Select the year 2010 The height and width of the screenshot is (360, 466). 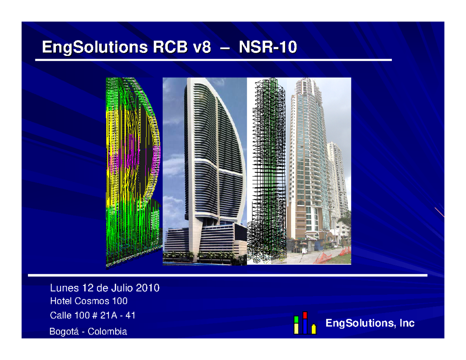tap(148, 288)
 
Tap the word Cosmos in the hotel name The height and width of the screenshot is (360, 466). tap(90, 301)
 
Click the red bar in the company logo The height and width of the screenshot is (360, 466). tap(305, 315)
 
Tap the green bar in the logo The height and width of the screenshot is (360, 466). tap(296, 320)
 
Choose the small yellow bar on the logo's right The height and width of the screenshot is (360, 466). tap(313, 329)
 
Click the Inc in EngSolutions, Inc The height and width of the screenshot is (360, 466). tap(408, 323)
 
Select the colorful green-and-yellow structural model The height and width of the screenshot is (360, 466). tap(132, 171)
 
